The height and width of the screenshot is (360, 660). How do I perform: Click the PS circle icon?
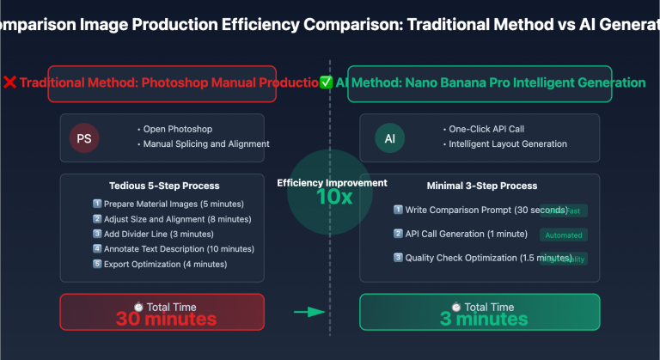coord(84,137)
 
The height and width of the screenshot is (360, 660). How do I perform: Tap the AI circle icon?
coord(389,137)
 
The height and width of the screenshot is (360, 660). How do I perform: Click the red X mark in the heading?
coord(9,82)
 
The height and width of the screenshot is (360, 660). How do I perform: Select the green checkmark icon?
coord(326,82)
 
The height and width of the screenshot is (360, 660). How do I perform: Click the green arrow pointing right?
coord(307,312)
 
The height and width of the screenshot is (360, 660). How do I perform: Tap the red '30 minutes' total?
coord(167,319)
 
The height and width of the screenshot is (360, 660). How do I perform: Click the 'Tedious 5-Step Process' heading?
coord(164,186)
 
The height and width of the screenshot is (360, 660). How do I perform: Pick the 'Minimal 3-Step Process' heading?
coord(482,186)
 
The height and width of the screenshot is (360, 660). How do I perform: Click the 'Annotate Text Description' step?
coord(178,249)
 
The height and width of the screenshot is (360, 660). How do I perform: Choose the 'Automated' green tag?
coord(563,235)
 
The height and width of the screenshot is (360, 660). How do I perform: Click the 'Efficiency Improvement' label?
coord(332,182)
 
